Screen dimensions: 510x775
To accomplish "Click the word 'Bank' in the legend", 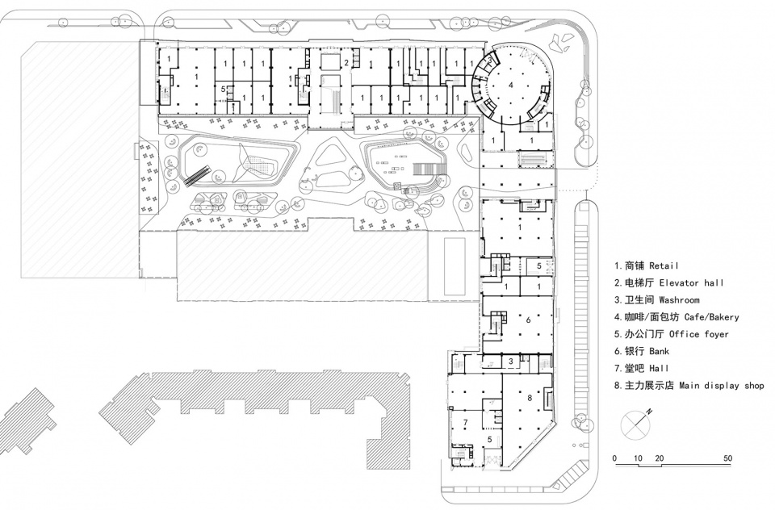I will (x=656, y=352).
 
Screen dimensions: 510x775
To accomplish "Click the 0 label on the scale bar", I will (x=615, y=458).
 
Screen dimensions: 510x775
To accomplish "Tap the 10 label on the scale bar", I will (x=638, y=458).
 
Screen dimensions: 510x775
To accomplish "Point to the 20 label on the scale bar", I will (x=660, y=458).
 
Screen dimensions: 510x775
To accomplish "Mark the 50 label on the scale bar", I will (x=729, y=458).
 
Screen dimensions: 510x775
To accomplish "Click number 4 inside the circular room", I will (x=510, y=83).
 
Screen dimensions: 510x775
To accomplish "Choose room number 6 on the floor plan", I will (x=528, y=320).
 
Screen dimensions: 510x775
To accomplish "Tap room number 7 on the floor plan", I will (x=465, y=423).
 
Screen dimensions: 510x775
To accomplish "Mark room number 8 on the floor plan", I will (x=530, y=398).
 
